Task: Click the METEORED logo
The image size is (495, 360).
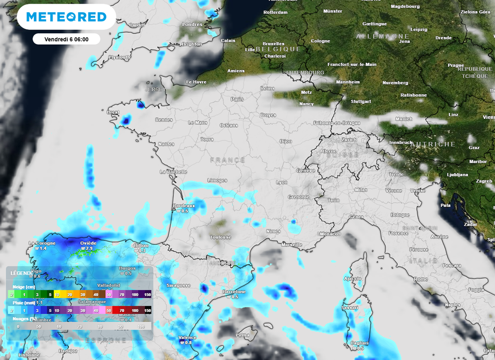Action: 66,17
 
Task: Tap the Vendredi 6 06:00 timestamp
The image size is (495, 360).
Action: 66,39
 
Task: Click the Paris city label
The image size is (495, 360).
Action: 237,99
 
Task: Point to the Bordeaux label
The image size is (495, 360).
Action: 184,206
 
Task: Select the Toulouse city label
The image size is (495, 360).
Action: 220,237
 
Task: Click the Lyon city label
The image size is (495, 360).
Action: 281,182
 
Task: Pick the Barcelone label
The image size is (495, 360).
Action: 234,292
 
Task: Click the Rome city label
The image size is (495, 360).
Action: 421,279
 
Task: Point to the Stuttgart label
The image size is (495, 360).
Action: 361,101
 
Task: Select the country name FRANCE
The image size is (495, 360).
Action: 227,160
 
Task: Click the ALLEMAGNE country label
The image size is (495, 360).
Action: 376,36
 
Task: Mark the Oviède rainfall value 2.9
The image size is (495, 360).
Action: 88,248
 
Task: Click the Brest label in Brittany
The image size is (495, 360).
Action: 113,112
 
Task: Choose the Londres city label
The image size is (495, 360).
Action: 192,24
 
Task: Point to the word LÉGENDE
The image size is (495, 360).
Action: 22,273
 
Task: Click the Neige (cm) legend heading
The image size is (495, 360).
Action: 24,287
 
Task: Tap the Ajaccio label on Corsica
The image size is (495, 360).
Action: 352,278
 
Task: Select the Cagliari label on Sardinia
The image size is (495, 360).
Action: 359,343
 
